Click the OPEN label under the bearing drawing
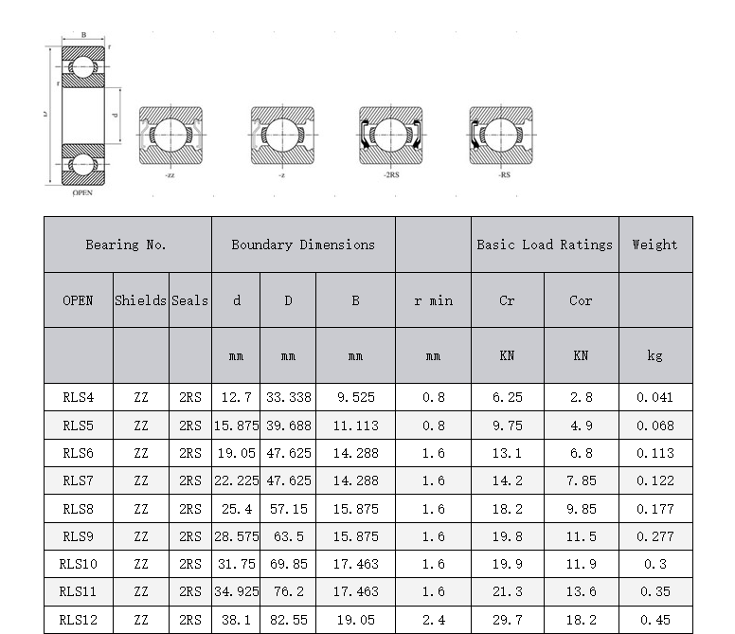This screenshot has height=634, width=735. pos(82,192)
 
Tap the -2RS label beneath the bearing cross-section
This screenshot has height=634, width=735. pos(391,175)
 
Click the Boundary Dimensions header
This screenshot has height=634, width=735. pos(303,245)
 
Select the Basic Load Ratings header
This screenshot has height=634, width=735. pos(545,245)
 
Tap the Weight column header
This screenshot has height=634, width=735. pos(654,245)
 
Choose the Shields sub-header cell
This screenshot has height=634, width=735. pos(141,300)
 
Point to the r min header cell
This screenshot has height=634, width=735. pos(433,300)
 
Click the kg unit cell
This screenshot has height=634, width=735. pos(654,355)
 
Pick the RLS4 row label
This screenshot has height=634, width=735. pos(78,398)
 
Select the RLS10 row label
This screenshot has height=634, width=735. pos(78,564)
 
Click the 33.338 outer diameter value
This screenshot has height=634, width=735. pos(288,398)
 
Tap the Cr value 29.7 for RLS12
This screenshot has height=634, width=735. pos(507,620)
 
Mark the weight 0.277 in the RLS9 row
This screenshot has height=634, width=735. pos(654,536)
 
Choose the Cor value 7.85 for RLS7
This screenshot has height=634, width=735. pos(581,480)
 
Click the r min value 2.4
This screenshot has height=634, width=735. pos(433,620)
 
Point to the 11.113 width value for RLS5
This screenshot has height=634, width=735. pos(355,426)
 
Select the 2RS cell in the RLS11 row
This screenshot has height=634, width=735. pos(189,592)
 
